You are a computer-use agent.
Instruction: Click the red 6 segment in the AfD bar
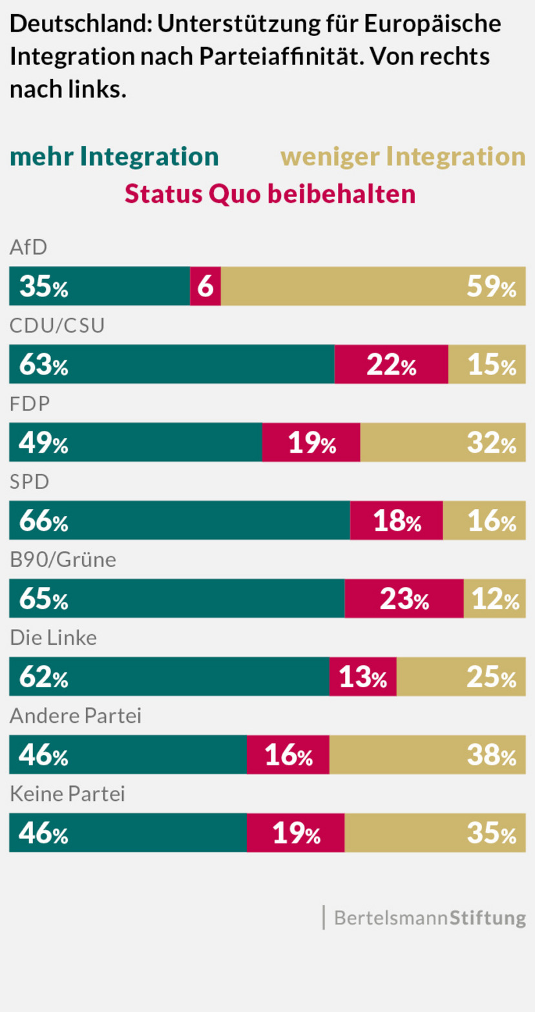tap(205, 286)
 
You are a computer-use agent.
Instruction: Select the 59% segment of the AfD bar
tap(373, 286)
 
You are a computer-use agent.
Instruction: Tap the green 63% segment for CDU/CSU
tap(172, 364)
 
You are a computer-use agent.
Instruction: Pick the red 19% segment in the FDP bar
tap(311, 442)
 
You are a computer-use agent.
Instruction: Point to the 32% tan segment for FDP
tap(443, 442)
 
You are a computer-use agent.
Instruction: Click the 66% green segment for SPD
tap(180, 521)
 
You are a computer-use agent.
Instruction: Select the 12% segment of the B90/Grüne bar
tap(494, 599)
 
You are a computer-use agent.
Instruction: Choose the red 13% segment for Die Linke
tap(362, 677)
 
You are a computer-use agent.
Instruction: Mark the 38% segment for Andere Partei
tap(427, 754)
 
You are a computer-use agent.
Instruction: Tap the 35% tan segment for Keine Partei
tap(435, 832)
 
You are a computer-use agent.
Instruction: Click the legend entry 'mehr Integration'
tap(114, 157)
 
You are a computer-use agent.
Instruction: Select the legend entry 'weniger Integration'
tap(403, 157)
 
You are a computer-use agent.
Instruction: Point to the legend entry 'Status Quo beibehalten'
tap(269, 193)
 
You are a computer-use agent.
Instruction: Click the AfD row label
tap(28, 247)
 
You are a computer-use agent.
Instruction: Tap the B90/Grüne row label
tap(63, 560)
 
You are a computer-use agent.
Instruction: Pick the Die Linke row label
tap(53, 638)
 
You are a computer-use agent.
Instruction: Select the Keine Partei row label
tap(67, 794)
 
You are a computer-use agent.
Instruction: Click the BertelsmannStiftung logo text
tap(429, 918)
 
